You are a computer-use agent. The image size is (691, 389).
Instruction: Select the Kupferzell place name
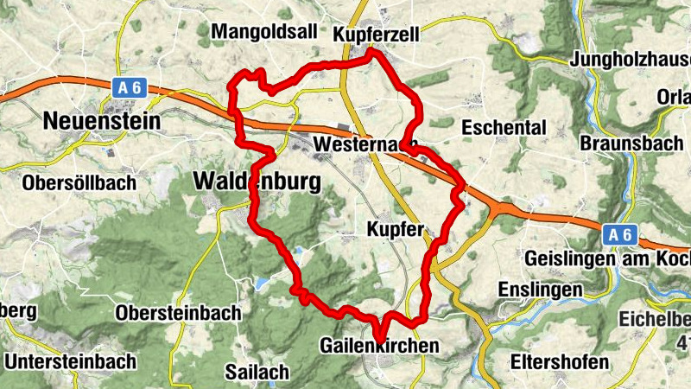[x=376, y=34]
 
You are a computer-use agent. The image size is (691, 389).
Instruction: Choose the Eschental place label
[x=504, y=128]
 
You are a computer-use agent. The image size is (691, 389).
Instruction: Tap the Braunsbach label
[x=632, y=143]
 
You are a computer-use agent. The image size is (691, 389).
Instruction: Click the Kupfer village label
[x=395, y=230]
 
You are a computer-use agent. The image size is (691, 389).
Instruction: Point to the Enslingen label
[x=541, y=290]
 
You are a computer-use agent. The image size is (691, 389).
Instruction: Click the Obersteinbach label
[x=178, y=313]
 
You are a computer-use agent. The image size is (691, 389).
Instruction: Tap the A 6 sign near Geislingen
[x=618, y=234]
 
